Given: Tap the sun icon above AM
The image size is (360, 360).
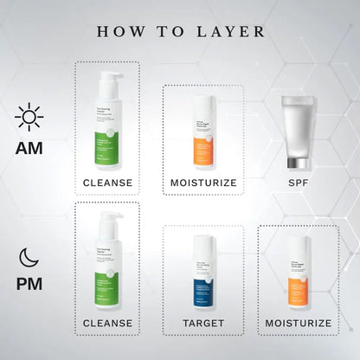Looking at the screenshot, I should click(29, 116).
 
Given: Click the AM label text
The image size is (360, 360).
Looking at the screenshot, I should click(29, 147).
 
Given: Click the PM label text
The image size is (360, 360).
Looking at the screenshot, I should click(29, 284).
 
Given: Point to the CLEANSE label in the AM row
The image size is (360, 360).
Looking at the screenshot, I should click(107, 183).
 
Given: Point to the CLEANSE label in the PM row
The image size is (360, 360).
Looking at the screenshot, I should click(107, 323).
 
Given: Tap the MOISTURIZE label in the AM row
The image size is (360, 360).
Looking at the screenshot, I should click(202, 183).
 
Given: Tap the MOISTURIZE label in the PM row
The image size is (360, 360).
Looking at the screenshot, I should click(299, 323).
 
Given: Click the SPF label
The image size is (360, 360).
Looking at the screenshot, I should click(299, 183).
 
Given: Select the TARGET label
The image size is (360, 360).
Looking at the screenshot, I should click(202, 323).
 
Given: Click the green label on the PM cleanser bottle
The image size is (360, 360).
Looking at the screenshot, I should click(107, 286).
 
